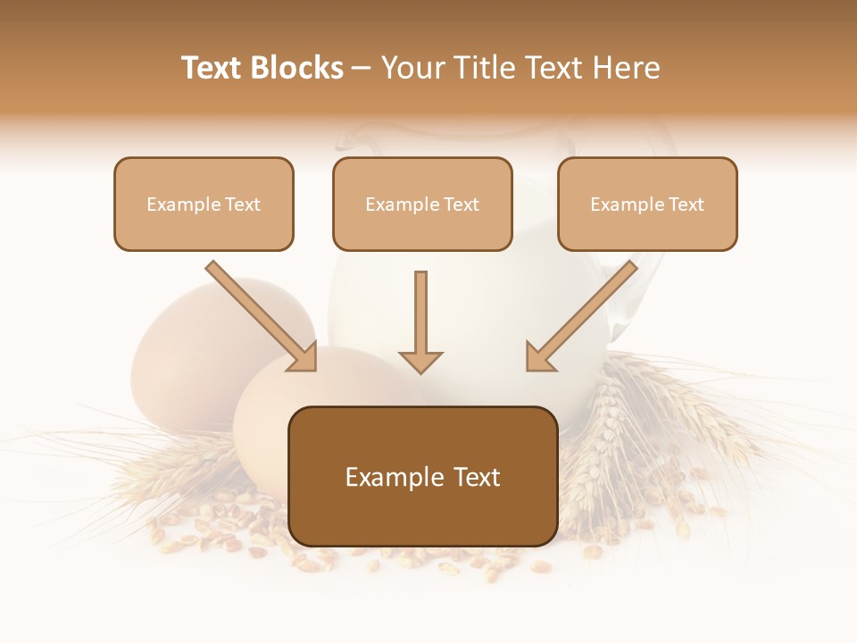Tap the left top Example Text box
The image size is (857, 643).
204,204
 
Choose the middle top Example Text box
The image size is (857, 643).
422,204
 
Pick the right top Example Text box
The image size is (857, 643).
647,204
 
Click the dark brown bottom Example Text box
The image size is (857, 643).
422,476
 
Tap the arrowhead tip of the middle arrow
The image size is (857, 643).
420,370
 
